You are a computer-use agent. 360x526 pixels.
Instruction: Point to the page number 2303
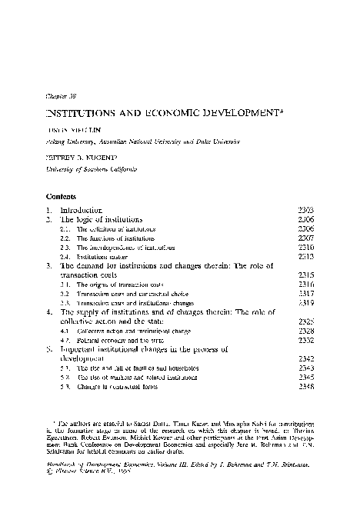coord(306,210)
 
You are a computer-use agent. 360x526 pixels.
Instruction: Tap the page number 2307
coord(306,238)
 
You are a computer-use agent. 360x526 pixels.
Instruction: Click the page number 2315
coord(306,275)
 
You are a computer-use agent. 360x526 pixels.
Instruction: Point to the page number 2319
coord(306,303)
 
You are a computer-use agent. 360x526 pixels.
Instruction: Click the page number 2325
coord(306,321)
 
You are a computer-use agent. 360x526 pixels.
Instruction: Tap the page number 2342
coord(306,358)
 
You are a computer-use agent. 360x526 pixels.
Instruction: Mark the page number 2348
coord(306,387)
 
